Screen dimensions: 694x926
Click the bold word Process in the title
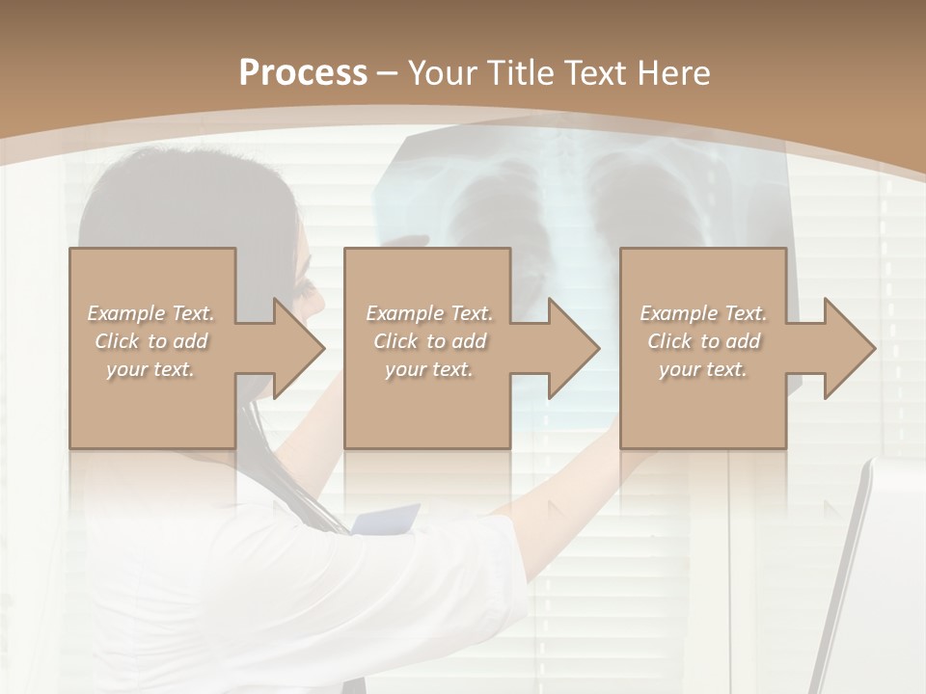click(x=303, y=73)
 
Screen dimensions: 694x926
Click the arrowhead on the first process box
click(x=298, y=349)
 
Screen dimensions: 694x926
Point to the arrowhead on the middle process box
click(x=573, y=349)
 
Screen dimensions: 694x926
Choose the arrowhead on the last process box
click(x=849, y=349)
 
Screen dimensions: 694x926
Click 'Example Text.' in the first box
click(x=150, y=313)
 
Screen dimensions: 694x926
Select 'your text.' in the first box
click(x=150, y=369)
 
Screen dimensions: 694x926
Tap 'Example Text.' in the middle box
click(x=429, y=313)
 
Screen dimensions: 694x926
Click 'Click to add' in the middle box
click(x=429, y=341)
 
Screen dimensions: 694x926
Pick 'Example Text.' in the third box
click(x=703, y=313)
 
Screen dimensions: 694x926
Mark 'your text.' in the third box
click(x=703, y=369)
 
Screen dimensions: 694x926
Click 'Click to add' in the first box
click(x=150, y=341)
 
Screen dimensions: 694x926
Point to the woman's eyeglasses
click(x=307, y=286)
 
